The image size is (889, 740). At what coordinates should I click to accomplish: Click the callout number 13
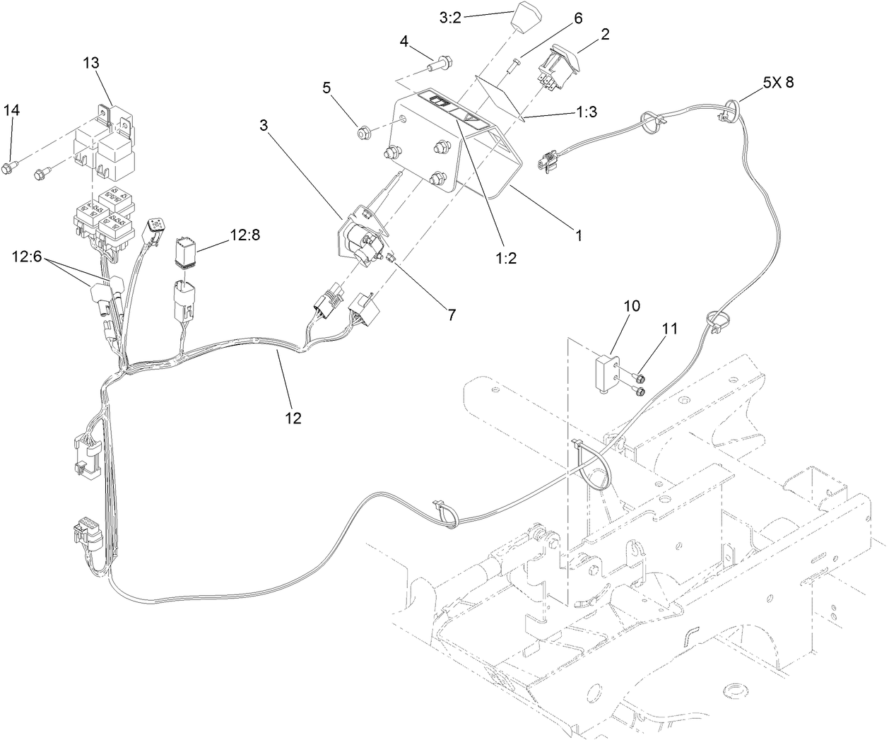[x=90, y=62]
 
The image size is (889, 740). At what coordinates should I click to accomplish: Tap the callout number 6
[x=577, y=18]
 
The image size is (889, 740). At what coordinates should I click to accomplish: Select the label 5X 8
[x=778, y=82]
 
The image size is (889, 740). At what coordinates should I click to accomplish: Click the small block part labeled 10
[x=607, y=372]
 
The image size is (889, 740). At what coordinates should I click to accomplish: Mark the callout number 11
[x=669, y=328]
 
